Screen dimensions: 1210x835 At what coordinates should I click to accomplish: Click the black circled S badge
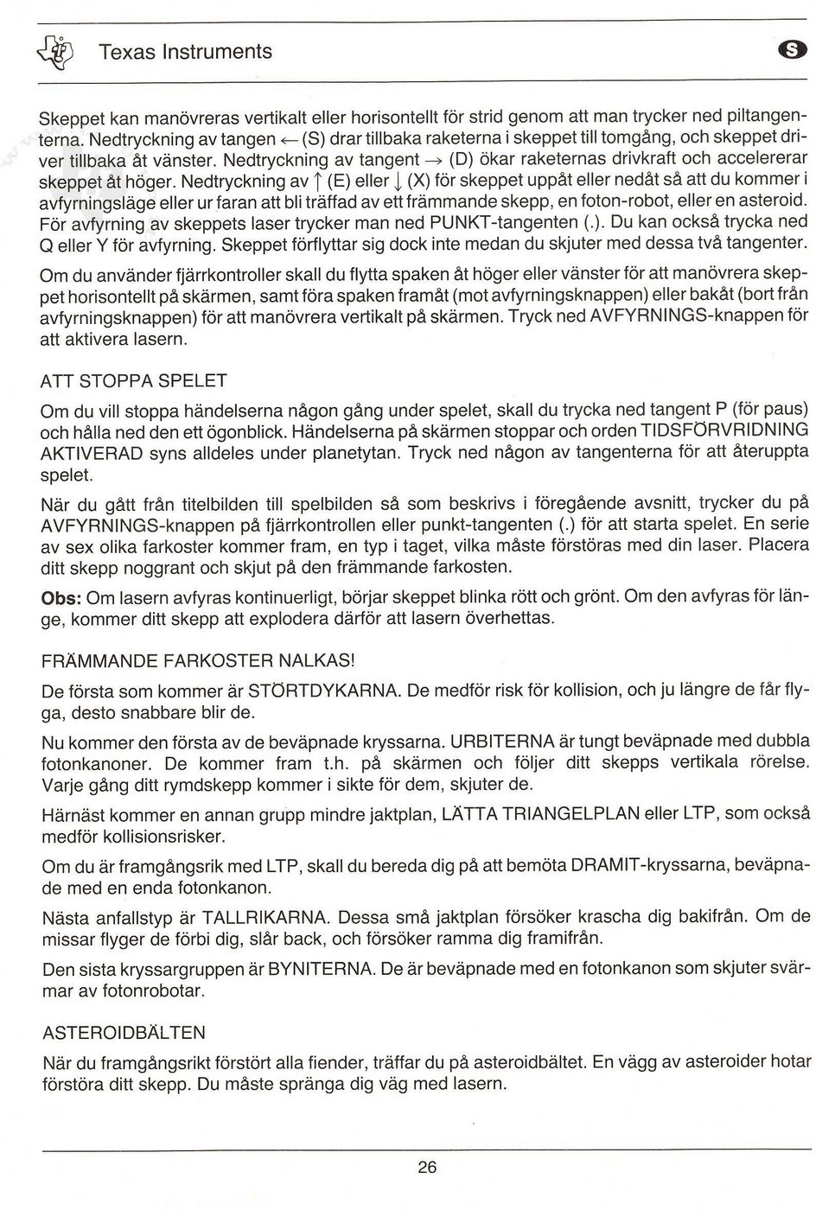(794, 52)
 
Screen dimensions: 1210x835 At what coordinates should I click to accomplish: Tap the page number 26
(426, 1168)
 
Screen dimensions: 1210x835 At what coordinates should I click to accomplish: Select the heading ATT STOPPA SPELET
(134, 381)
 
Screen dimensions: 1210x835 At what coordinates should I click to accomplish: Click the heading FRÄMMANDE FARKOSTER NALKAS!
(198, 661)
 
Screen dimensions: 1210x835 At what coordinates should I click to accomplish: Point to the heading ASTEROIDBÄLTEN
(124, 1033)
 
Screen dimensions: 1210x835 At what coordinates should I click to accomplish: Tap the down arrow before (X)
(397, 182)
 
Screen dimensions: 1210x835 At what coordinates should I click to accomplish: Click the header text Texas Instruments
(185, 52)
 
